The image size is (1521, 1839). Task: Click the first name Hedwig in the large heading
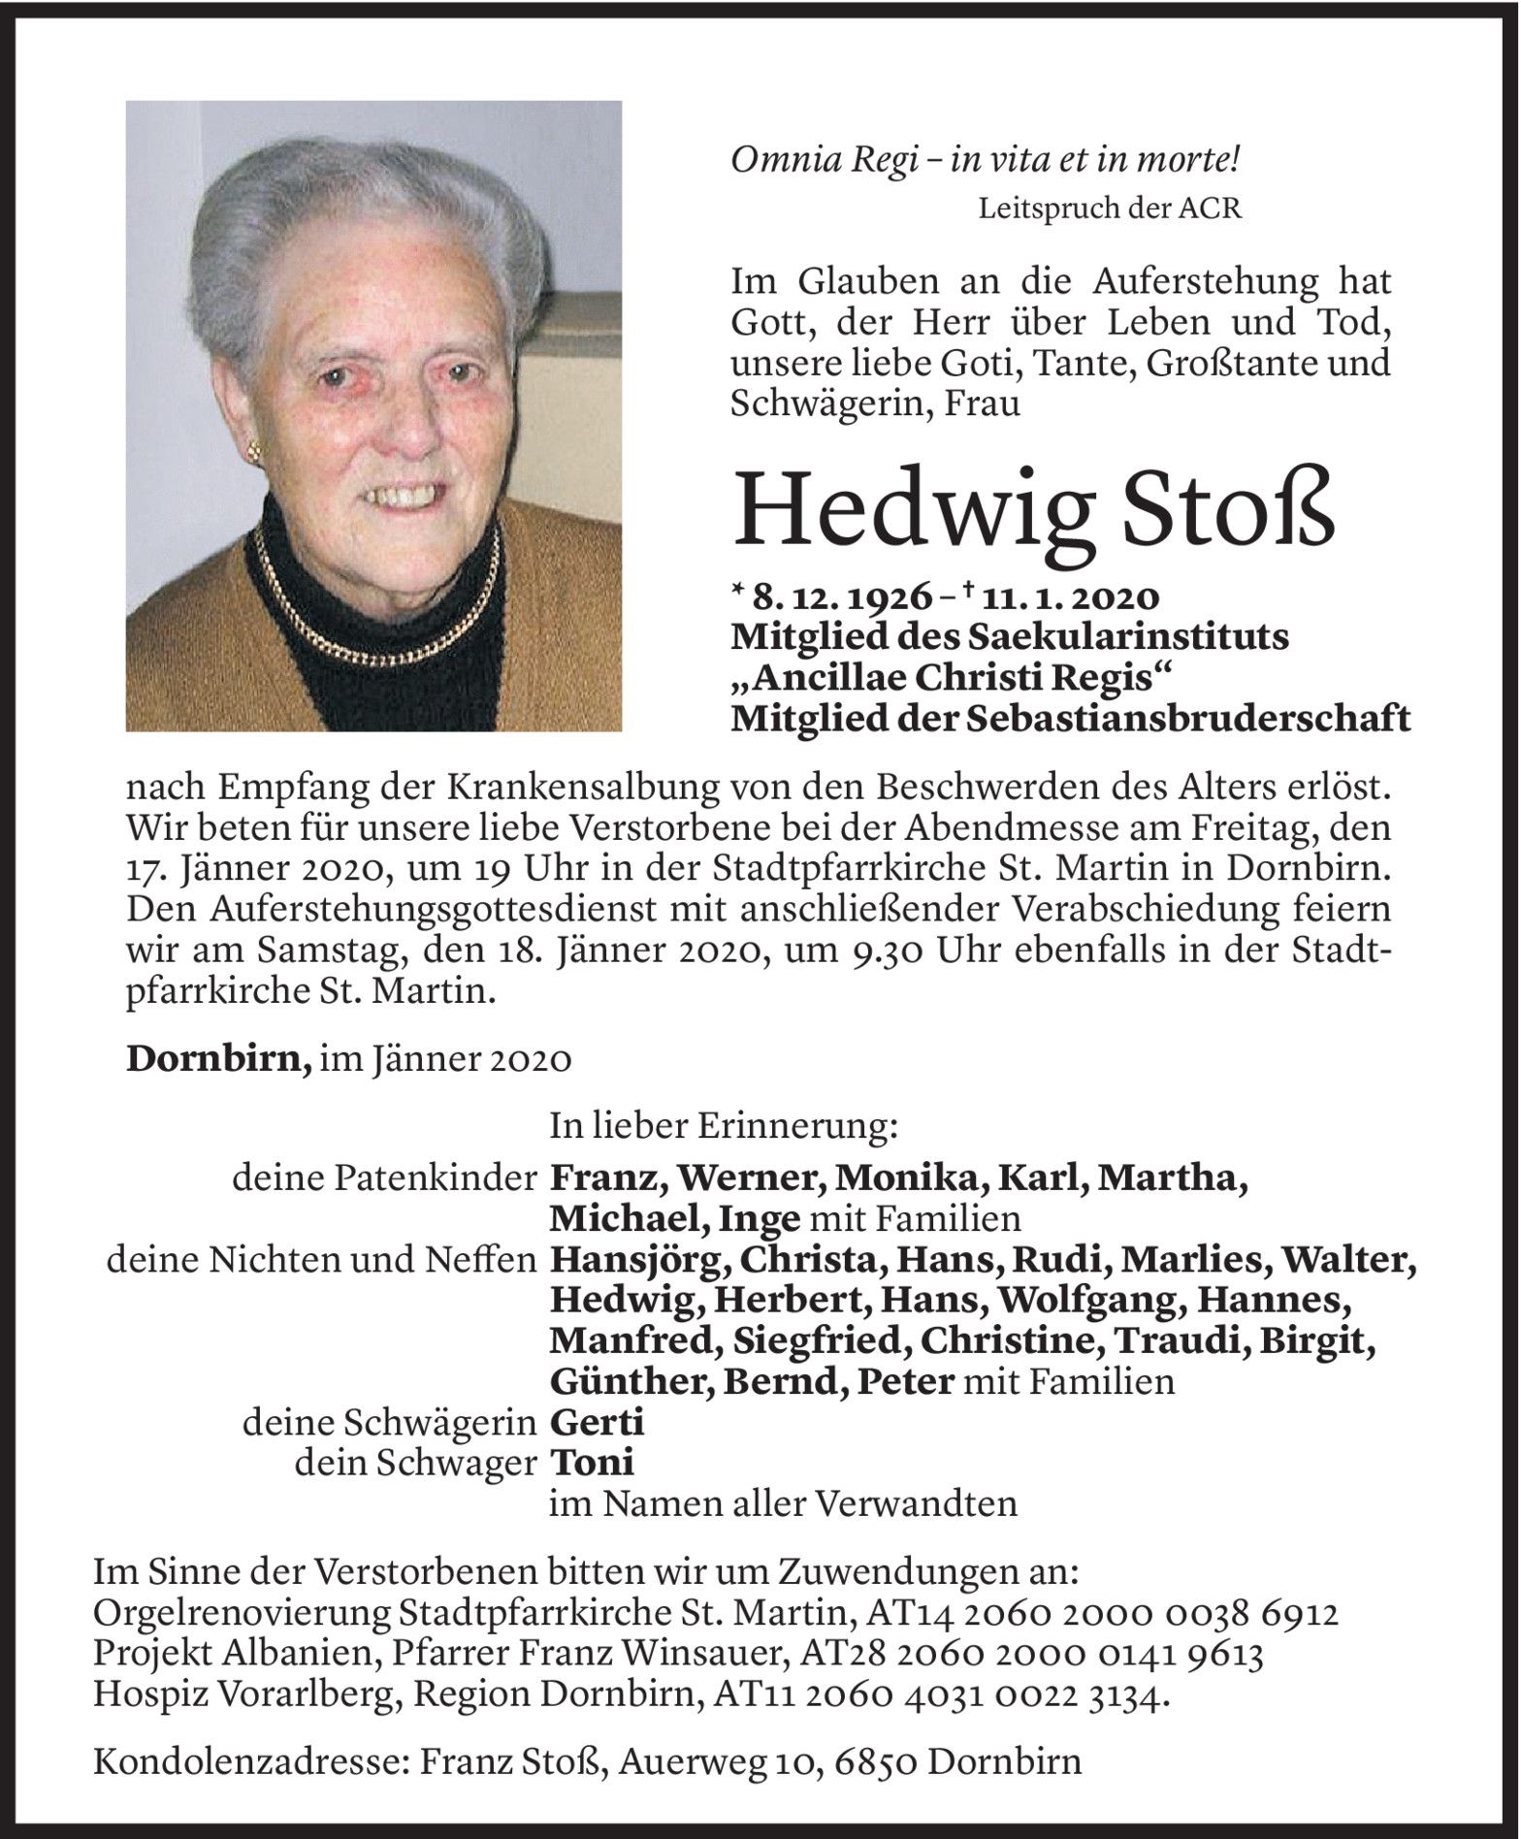pyautogui.click(x=908, y=509)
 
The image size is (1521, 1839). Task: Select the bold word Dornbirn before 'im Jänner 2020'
pyautogui.click(x=218, y=1060)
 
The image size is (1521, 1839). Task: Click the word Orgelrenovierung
pyautogui.click(x=243, y=1615)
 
